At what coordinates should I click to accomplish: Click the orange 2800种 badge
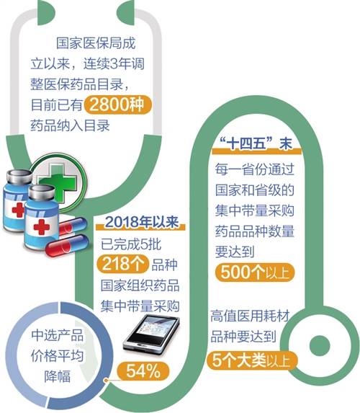click(x=118, y=105)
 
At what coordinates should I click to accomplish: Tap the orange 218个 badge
click(x=122, y=264)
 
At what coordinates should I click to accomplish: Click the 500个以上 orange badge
click(x=254, y=272)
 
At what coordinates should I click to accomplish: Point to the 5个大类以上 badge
click(x=252, y=360)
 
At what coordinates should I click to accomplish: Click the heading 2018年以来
click(x=142, y=222)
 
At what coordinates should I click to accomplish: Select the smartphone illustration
click(x=152, y=334)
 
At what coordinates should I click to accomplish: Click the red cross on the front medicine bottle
click(x=42, y=226)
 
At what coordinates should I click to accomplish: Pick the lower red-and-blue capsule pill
click(x=66, y=246)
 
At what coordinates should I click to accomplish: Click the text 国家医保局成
click(x=96, y=43)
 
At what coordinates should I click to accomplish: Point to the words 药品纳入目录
click(x=71, y=125)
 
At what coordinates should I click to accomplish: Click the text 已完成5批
click(x=131, y=244)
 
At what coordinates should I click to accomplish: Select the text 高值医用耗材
click(x=250, y=316)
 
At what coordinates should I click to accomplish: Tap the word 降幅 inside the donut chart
click(x=58, y=376)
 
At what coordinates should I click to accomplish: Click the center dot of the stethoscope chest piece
click(x=320, y=345)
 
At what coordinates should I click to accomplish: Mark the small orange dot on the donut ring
click(x=106, y=381)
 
